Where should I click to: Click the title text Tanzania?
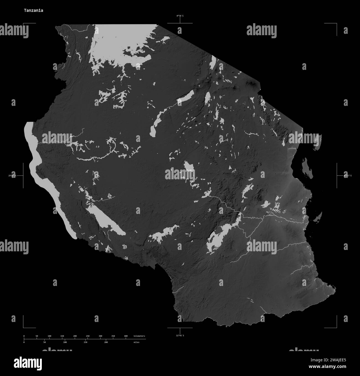(33, 10)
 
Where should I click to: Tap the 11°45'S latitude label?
(180, 336)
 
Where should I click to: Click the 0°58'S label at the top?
(180, 16)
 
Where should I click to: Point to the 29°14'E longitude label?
(12, 176)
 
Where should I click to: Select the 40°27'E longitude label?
(347, 176)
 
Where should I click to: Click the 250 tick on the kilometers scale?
(88, 336)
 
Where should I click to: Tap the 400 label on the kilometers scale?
(126, 336)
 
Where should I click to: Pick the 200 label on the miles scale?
(106, 342)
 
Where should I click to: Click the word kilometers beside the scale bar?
(139, 336)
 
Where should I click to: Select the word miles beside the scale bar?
(136, 342)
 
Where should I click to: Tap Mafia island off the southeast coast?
(318, 217)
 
